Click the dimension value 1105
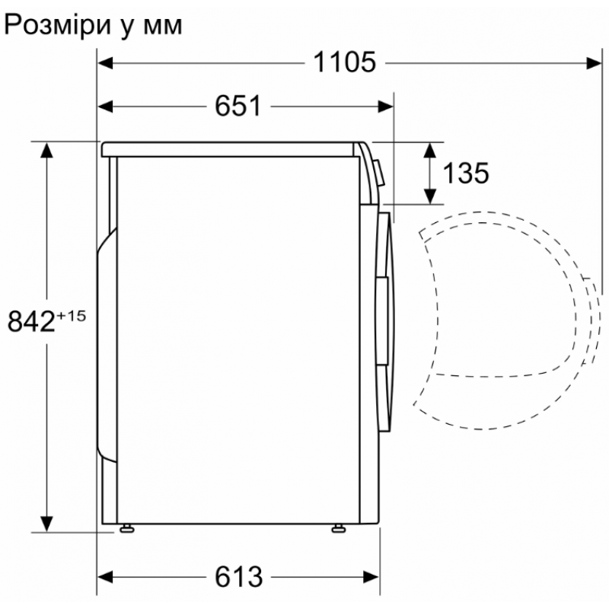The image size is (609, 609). (345, 62)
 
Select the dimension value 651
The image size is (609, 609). (238, 106)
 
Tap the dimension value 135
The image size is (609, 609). (466, 173)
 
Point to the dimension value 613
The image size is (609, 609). (238, 577)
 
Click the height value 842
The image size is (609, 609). (31, 321)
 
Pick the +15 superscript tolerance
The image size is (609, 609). (71, 316)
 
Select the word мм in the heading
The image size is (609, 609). (163, 27)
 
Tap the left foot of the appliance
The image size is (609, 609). (127, 528)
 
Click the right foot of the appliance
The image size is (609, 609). (339, 528)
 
